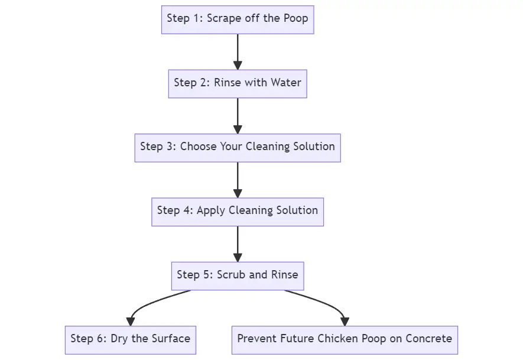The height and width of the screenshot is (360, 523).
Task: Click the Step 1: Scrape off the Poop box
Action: coord(238,19)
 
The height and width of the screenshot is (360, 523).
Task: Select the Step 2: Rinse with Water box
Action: coord(238,83)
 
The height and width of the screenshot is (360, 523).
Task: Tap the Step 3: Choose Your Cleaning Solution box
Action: coord(238,147)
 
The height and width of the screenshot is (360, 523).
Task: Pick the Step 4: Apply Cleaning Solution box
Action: coord(238,211)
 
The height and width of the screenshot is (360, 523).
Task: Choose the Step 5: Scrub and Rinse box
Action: coord(238,275)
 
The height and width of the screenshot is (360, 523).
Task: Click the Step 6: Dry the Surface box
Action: coord(130,339)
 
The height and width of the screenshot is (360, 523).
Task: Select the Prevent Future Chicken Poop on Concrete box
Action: coord(345,339)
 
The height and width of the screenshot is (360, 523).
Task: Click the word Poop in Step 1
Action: coord(295,18)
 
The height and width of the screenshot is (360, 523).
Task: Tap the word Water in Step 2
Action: coord(286,82)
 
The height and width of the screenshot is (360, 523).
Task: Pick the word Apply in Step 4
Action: coord(210,210)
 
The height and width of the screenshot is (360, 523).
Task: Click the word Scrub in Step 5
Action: coord(230,275)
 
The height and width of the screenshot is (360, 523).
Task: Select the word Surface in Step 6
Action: coord(170,339)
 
